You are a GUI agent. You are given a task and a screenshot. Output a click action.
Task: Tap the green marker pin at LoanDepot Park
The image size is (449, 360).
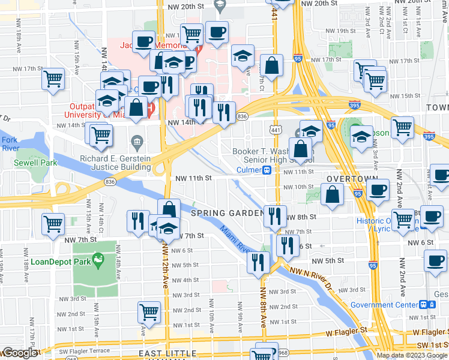[99, 259]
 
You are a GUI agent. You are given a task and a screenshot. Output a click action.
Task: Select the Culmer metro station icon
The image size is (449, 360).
[265, 170]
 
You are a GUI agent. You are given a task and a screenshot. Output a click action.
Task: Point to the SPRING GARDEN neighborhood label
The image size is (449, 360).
[228, 213]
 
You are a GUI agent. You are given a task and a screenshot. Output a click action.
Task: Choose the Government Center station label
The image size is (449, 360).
[384, 305]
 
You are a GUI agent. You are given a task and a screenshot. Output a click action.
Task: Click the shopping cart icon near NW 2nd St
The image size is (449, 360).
[149, 311]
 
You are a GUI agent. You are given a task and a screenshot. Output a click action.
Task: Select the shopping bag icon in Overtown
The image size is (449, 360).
[332, 194]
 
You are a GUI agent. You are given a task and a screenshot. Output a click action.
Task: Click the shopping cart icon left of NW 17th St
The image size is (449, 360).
[53, 77]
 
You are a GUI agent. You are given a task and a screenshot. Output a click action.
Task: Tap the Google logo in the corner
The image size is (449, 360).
[20, 353]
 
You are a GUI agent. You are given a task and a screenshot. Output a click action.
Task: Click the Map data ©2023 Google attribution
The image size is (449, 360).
[412, 355]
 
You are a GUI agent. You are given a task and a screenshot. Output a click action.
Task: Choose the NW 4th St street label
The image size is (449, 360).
[185, 280]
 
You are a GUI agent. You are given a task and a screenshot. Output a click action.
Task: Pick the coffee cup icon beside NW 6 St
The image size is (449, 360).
[435, 261]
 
